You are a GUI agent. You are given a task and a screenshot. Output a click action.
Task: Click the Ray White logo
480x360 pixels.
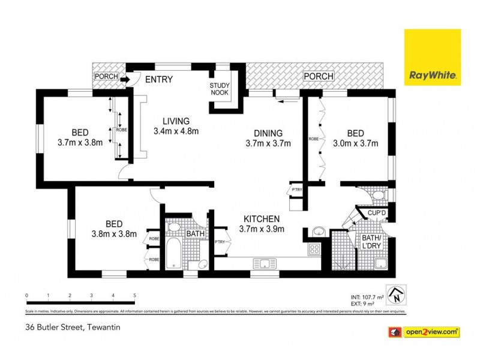point(433,57)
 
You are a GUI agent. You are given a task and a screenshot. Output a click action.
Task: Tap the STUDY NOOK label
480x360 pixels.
point(220,89)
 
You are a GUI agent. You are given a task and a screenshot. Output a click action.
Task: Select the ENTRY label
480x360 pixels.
point(158,79)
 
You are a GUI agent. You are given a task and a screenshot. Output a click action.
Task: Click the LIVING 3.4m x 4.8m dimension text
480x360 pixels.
point(176,131)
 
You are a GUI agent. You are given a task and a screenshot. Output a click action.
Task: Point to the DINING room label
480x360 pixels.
point(268,133)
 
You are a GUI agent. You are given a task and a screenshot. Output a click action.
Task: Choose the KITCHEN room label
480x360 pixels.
point(261,218)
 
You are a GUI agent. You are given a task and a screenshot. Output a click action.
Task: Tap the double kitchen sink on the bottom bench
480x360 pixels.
point(263,263)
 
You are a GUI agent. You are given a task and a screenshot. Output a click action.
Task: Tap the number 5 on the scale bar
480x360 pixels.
point(134,295)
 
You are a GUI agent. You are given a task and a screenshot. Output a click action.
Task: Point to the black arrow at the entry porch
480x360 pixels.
point(124,79)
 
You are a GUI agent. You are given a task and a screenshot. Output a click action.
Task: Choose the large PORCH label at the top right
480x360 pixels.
point(318,76)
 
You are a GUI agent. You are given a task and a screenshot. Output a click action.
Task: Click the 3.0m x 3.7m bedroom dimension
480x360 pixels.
point(356,143)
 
